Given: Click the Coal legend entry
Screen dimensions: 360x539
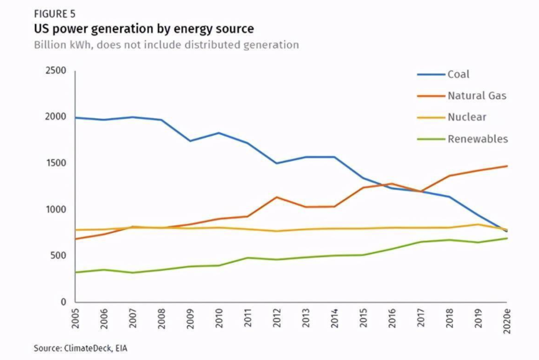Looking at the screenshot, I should [459, 74].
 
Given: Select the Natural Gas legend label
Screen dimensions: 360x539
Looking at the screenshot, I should [477, 96].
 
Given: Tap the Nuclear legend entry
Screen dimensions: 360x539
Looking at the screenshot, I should [467, 117].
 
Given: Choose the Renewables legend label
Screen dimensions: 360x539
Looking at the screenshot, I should [478, 139].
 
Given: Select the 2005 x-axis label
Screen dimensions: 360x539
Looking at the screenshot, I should [76, 320].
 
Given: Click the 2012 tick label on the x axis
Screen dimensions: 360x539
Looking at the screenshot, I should [277, 320].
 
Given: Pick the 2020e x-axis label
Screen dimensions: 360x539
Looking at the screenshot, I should [506, 323].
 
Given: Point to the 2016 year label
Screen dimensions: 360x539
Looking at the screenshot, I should [392, 320].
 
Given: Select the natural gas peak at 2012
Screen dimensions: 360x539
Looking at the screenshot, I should [277, 197].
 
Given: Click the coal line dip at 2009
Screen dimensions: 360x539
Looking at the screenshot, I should [190, 141].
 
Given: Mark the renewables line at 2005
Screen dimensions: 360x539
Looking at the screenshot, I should [76, 273].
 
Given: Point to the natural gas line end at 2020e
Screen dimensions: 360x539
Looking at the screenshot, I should [507, 166].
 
